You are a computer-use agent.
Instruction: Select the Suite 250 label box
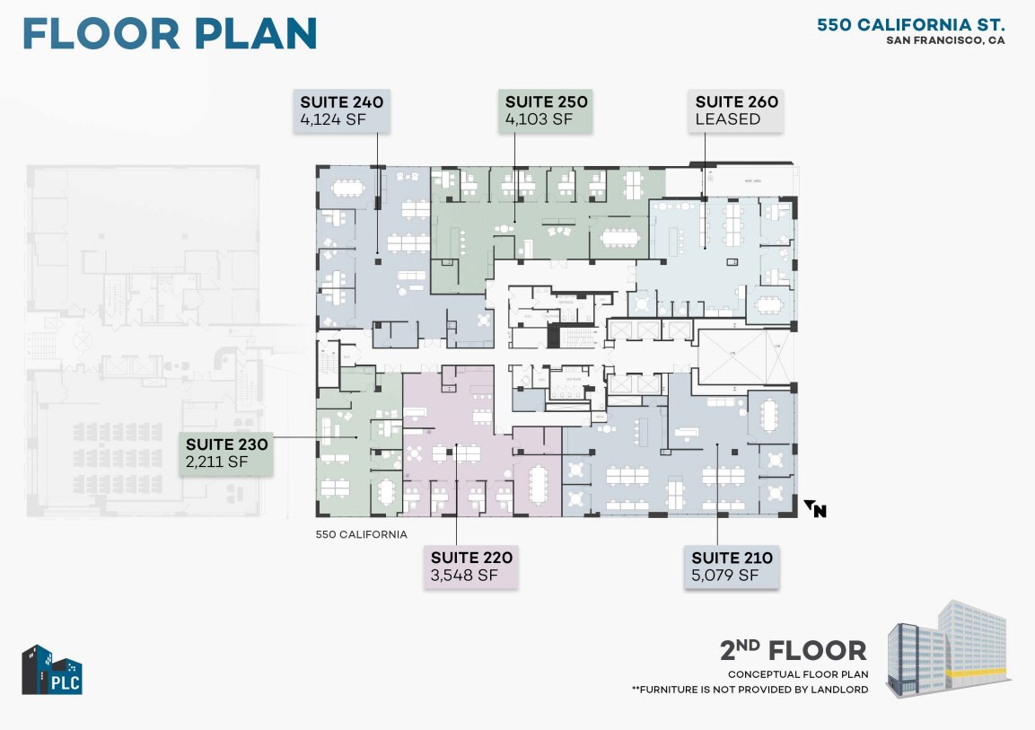tap(546, 110)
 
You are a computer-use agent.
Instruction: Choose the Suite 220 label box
tap(471, 567)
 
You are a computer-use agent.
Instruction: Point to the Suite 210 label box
tap(731, 567)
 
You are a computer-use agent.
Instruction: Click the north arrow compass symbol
tap(815, 509)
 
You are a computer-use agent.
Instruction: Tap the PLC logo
tap(52, 670)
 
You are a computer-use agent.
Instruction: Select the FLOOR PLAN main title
tap(170, 33)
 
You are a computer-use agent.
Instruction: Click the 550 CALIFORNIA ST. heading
tap(910, 24)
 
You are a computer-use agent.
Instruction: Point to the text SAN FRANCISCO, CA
tap(945, 40)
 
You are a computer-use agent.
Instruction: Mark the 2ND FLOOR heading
tap(793, 650)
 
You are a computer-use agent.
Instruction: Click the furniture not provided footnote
tap(750, 690)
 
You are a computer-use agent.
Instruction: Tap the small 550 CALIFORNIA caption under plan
tap(362, 534)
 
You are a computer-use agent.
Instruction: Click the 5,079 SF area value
tap(724, 576)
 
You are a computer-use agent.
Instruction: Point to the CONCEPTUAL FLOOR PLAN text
tap(797, 674)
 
